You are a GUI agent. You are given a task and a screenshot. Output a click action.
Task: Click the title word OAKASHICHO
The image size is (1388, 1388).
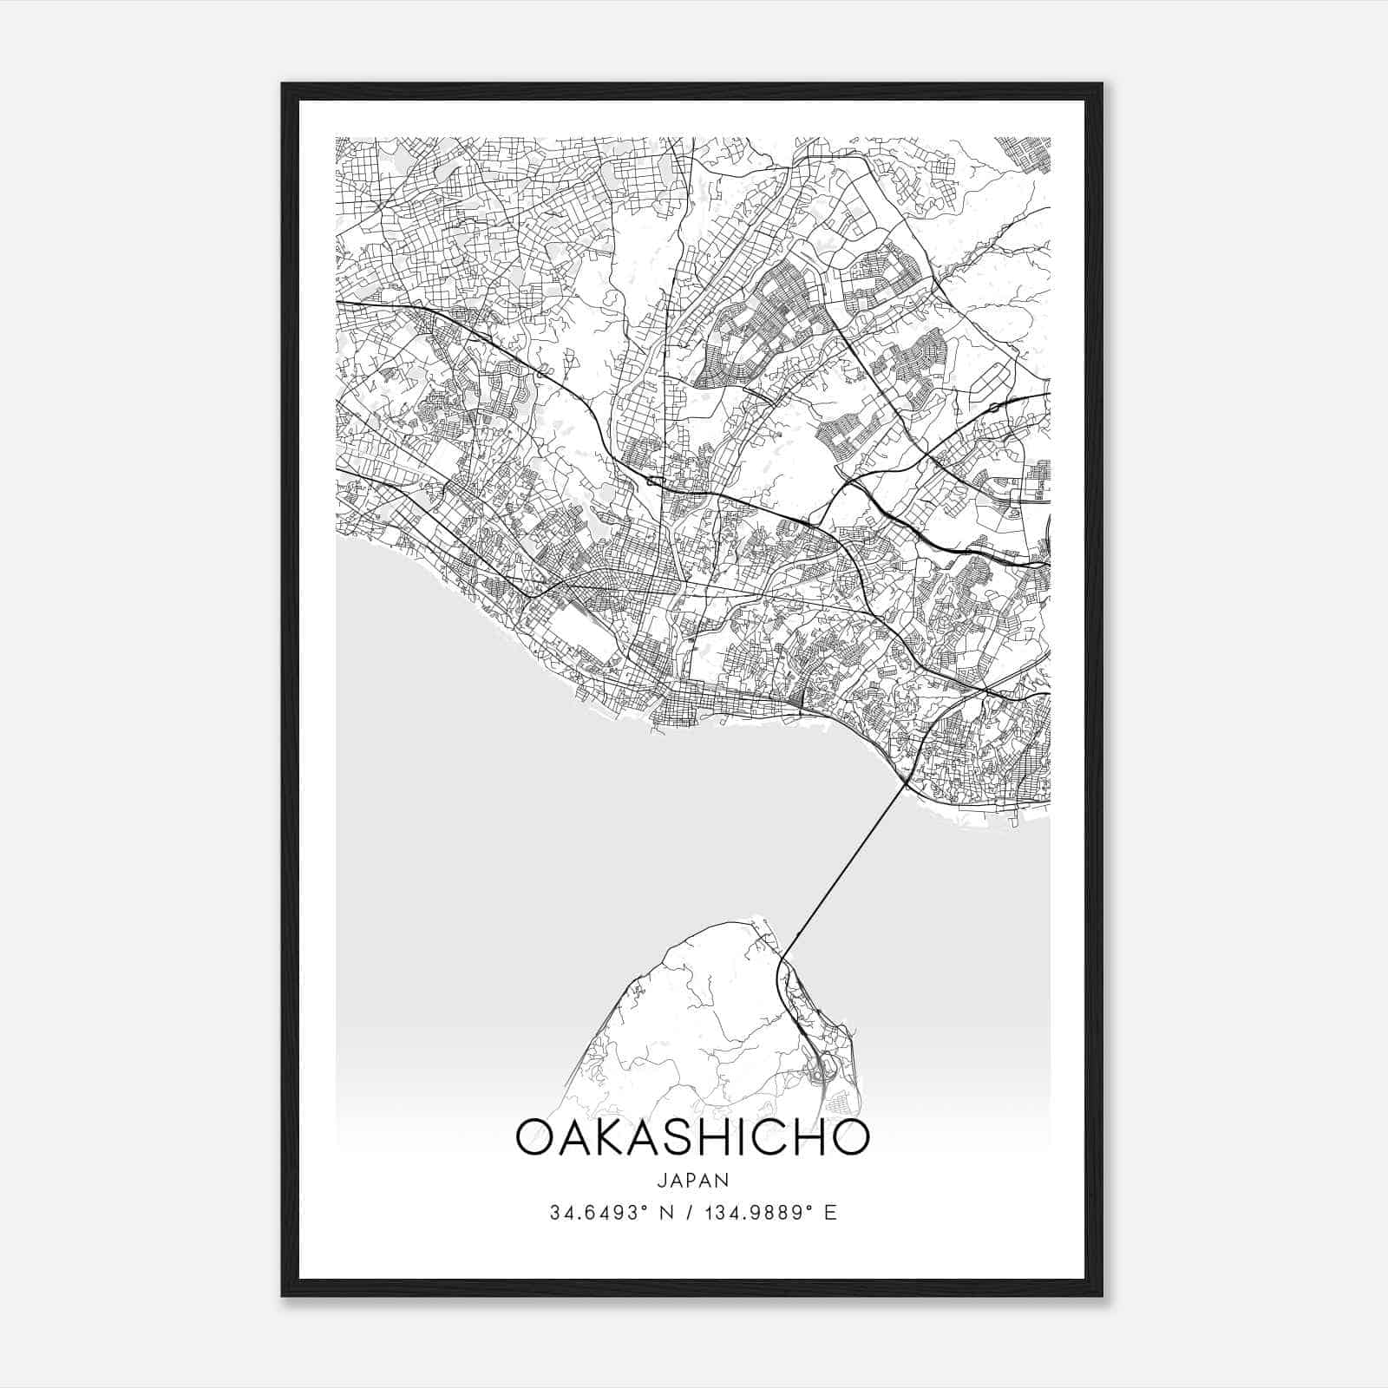click(x=692, y=1137)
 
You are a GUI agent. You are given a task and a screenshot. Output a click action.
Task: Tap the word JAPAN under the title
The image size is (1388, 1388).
click(x=692, y=1181)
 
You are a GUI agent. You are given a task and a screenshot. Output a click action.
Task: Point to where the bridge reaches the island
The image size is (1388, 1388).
click(x=789, y=951)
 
